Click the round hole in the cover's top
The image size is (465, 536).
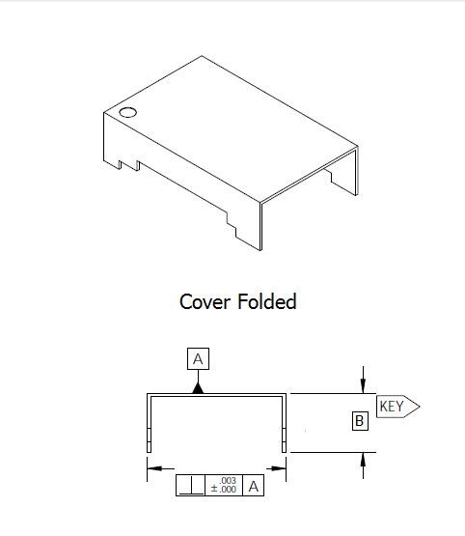click(128, 112)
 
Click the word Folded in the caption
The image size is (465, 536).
click(267, 301)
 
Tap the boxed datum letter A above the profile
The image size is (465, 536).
click(198, 359)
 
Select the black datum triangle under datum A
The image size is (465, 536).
click(198, 388)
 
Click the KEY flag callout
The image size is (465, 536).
click(397, 407)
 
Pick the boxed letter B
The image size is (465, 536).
click(360, 421)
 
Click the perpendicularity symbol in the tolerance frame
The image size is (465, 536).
click(190, 485)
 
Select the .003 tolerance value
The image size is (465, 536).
click(228, 480)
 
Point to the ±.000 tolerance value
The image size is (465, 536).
click(224, 490)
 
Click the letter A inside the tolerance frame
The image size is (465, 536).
click(254, 486)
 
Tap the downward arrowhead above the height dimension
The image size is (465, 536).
click(363, 386)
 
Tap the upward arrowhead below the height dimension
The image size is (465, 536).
click(363, 460)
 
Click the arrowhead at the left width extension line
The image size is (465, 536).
click(155, 468)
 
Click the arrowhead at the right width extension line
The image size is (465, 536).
click(278, 468)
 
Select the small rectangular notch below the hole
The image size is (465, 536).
click(129, 165)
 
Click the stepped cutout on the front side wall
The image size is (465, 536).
click(232, 225)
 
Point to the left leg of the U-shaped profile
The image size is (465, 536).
click(149, 424)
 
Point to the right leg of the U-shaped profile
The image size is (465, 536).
click(284, 424)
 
